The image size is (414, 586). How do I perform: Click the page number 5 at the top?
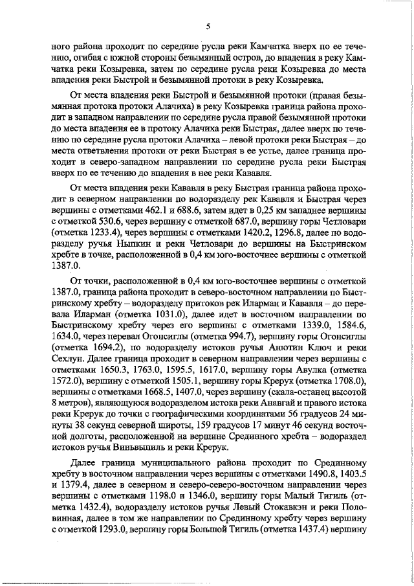pos(208,27)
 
